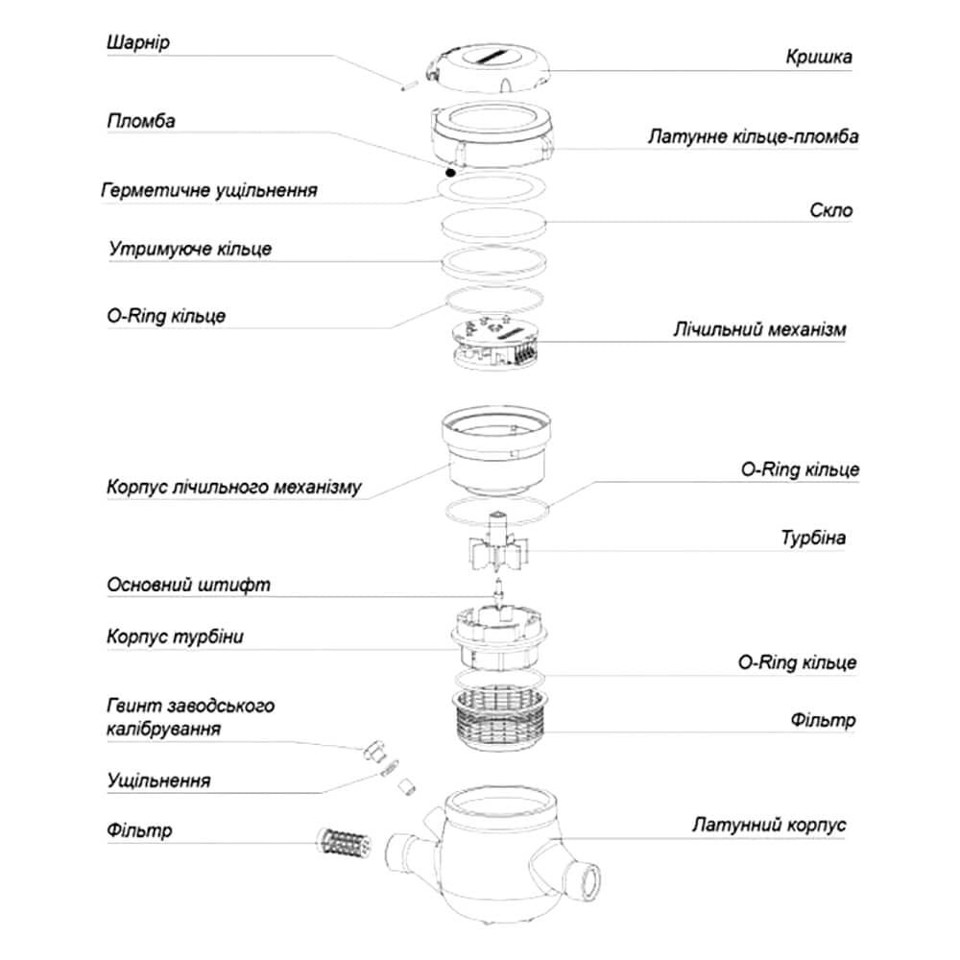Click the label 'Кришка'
click(x=818, y=57)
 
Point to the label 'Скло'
click(x=831, y=210)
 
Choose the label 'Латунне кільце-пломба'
click(x=753, y=137)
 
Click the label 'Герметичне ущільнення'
click(x=208, y=189)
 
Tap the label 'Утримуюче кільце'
click(x=189, y=249)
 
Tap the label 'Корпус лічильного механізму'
click(x=233, y=487)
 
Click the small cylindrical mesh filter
click(x=343, y=841)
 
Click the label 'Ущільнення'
click(x=158, y=780)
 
